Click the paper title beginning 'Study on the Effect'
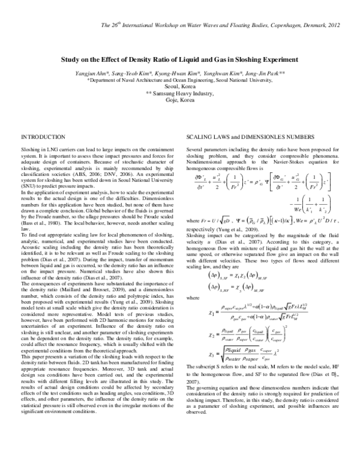179,61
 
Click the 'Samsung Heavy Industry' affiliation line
180,94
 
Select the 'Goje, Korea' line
180,100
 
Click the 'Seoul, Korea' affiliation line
180,86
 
